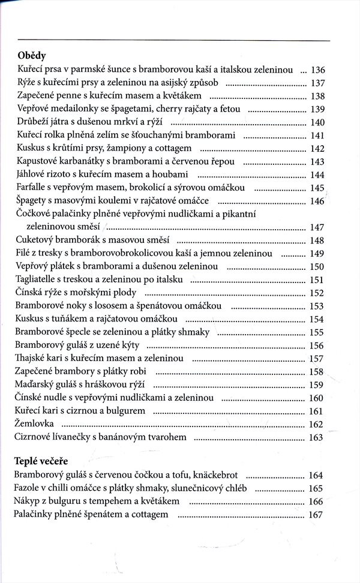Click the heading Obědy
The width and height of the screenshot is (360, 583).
32,56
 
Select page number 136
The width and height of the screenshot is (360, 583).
316,70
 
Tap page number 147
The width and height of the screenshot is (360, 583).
316,227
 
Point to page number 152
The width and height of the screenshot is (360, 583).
316,293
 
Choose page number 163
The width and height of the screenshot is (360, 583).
316,437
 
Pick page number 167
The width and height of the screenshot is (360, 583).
316,515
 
